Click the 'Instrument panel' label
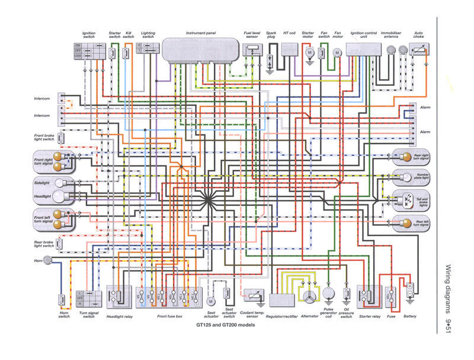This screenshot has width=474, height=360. tap(200, 33)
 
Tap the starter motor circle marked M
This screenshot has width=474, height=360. tap(308, 53)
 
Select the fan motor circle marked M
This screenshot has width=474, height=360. tap(337, 53)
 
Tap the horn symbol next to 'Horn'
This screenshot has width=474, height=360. tap(47, 261)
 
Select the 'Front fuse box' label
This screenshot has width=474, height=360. tap(170, 316)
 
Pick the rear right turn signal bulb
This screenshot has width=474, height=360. tap(399, 156)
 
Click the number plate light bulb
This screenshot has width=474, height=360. tap(399, 176)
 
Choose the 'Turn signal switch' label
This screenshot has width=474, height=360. tap(88, 314)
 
